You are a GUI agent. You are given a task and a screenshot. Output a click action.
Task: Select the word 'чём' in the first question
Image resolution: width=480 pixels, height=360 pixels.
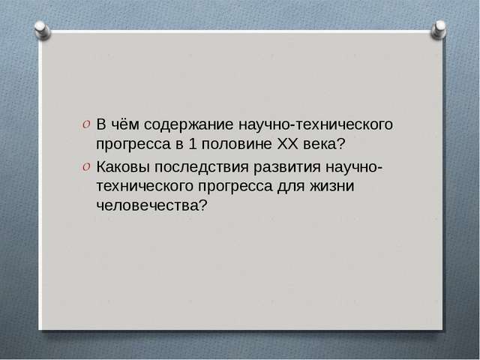tap(125, 123)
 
